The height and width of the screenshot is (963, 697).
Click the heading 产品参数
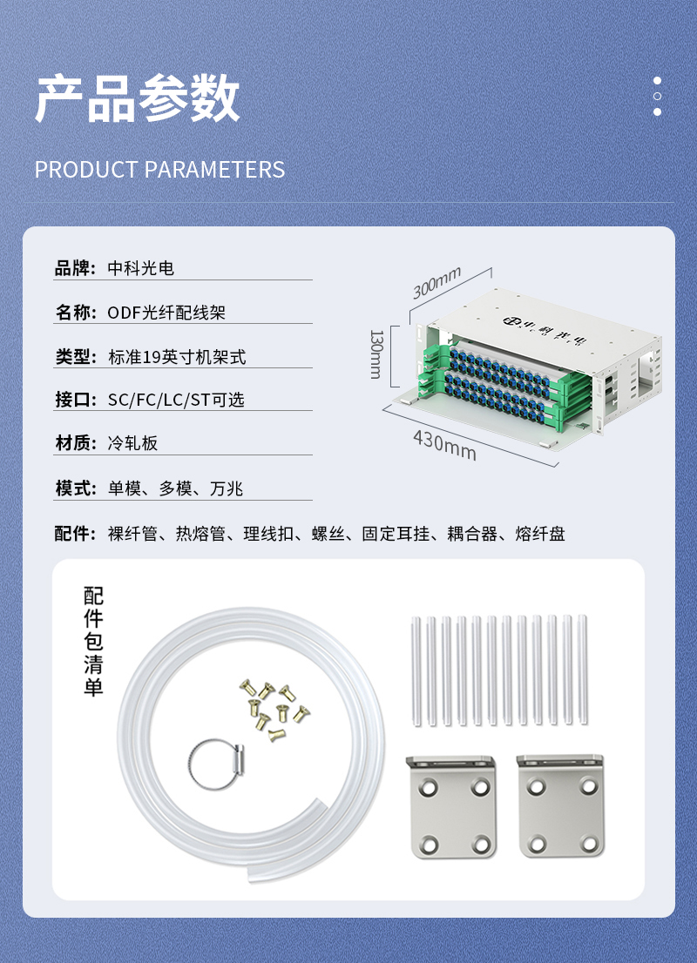click(137, 98)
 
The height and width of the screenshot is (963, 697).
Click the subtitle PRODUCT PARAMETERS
click(159, 170)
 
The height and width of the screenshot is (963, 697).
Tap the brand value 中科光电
click(141, 268)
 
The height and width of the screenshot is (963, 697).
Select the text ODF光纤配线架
click(166, 313)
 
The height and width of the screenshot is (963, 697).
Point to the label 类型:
click(76, 357)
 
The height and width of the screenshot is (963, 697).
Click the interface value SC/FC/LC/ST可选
click(176, 400)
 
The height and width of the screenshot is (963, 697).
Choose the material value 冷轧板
click(132, 443)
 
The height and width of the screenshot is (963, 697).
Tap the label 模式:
click(76, 488)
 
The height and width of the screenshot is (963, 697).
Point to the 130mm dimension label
click(376, 354)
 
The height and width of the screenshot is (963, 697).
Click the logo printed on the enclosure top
click(544, 333)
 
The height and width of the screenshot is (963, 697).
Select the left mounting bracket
click(452, 806)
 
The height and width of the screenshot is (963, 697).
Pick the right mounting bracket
click(561, 805)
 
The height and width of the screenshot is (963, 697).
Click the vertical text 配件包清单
click(93, 641)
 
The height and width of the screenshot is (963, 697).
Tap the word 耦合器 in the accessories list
click(472, 534)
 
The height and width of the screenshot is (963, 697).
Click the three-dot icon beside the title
click(657, 97)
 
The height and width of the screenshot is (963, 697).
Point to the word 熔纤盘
click(540, 534)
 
